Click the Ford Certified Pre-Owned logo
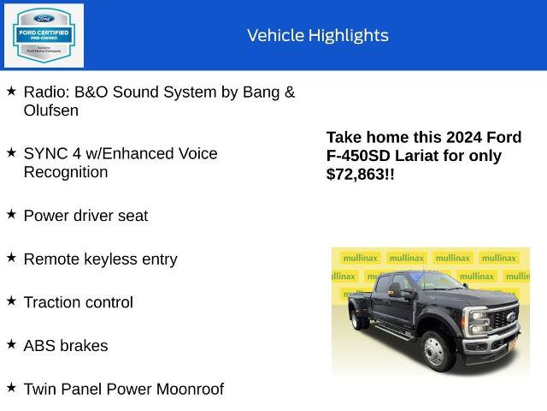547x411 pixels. coord(44,35)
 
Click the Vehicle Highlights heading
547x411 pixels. coord(317,35)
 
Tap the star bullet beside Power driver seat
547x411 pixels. coord(11,215)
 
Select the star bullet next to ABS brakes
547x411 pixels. coord(11,344)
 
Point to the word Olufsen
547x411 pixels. coord(51,110)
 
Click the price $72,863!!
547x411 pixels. coord(360,174)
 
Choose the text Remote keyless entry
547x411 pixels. coord(100,259)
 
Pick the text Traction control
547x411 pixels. coord(78,302)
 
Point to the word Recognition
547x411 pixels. coord(66,172)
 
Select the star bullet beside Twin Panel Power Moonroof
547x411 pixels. coord(11,388)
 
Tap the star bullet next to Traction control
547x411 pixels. coord(11,301)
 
